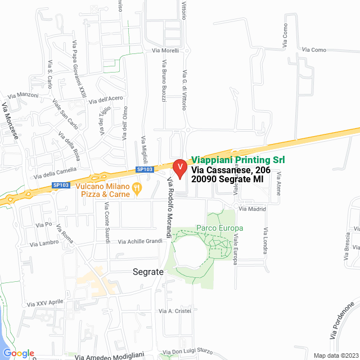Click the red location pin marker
pyautogui.click(x=179, y=168)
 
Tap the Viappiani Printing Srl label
pyautogui.click(x=238, y=160)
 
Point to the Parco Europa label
pyautogui.click(x=219, y=228)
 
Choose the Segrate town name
pyautogui.click(x=148, y=272)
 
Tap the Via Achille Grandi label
pyautogui.click(x=140, y=242)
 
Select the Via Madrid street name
pyautogui.click(x=252, y=209)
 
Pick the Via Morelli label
pyautogui.click(x=165, y=51)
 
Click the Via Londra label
pyautogui.click(x=265, y=241)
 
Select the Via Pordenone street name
pyautogui.click(x=343, y=321)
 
